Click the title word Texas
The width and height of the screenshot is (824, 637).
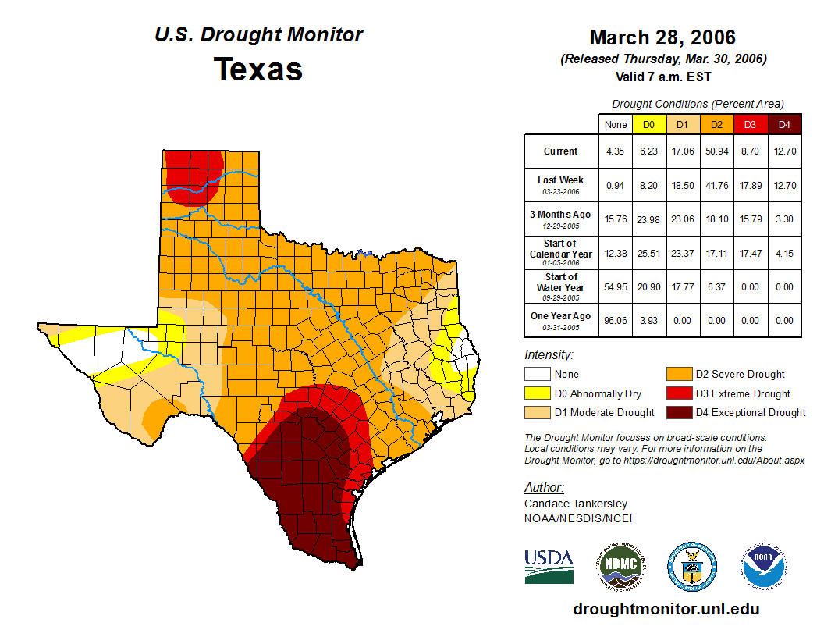click(x=258, y=69)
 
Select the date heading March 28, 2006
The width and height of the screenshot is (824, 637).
click(x=662, y=37)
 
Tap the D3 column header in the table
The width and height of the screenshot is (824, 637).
click(x=750, y=125)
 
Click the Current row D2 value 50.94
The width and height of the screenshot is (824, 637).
click(x=716, y=151)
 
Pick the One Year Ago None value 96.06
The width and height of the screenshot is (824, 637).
click(x=616, y=320)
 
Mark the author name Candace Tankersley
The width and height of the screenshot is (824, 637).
click(x=575, y=504)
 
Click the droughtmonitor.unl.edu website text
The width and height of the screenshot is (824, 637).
click(x=666, y=609)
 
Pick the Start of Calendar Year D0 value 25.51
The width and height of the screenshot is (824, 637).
click(x=649, y=253)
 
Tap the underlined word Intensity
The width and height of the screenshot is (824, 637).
click(x=549, y=355)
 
